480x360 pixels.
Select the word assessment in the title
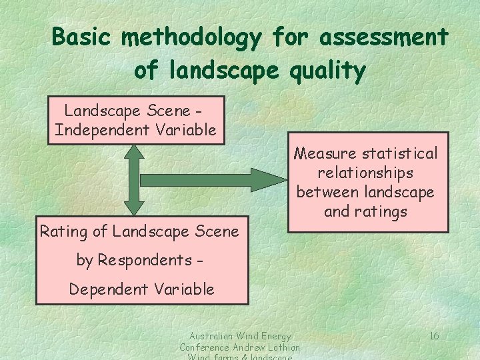pyautogui.click(x=384, y=37)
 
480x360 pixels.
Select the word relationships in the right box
pyautogui.click(x=365, y=173)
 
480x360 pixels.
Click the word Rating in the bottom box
pyautogui.click(x=63, y=232)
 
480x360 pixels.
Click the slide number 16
pyautogui.click(x=433, y=335)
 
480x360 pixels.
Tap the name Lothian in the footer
pyautogui.click(x=283, y=347)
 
